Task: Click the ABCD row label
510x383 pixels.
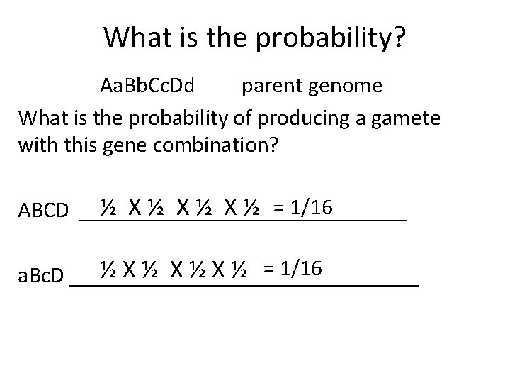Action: coord(43,211)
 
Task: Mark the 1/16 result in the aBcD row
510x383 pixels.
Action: coord(302,269)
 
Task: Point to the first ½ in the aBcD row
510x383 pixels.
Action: coord(108,270)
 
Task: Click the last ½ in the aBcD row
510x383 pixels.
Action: coord(239,270)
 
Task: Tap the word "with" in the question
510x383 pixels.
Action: coord(36,145)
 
